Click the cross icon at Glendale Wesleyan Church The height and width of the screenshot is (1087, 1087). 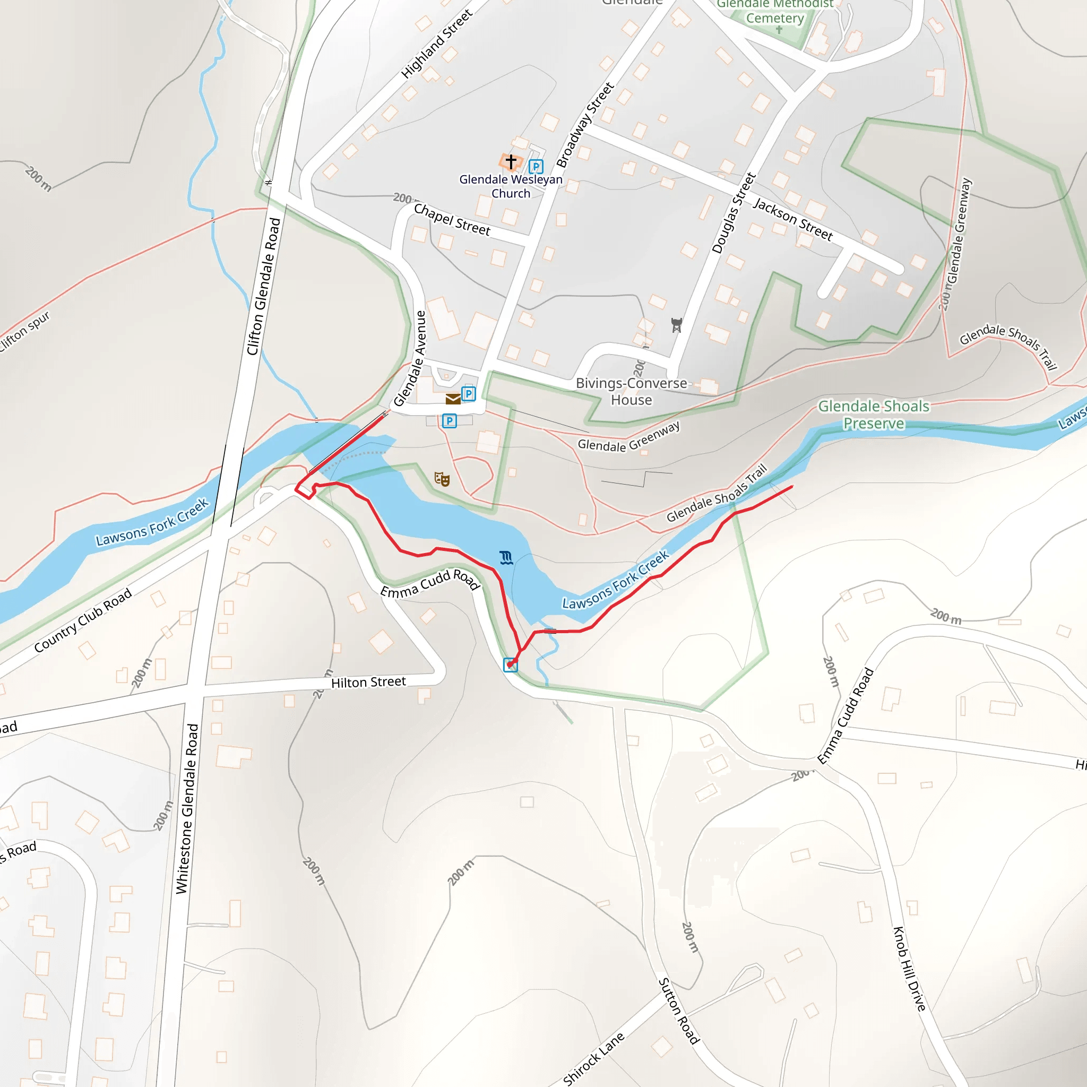[x=511, y=162]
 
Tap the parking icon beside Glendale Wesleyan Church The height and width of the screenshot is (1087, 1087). [x=536, y=167]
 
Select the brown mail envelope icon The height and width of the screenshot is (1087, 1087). [x=453, y=399]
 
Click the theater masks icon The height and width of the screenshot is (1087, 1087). [x=442, y=479]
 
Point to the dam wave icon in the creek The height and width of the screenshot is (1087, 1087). [x=506, y=558]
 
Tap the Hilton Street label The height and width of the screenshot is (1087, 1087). [x=368, y=683]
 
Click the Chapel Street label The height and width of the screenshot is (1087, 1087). [x=452, y=219]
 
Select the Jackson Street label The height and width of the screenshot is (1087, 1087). [x=793, y=219]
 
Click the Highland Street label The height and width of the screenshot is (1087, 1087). [x=437, y=44]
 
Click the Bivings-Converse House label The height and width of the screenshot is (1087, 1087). [x=631, y=392]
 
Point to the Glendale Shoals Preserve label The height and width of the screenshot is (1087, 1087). [x=873, y=415]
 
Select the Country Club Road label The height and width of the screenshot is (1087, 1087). [x=83, y=620]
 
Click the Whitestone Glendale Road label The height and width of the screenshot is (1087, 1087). [x=187, y=808]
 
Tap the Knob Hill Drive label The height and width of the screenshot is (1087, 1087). [x=910, y=969]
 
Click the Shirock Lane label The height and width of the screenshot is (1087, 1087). [x=593, y=1058]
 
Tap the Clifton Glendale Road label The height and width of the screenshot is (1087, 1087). [x=263, y=287]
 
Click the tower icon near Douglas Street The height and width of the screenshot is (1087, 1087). [x=676, y=325]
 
